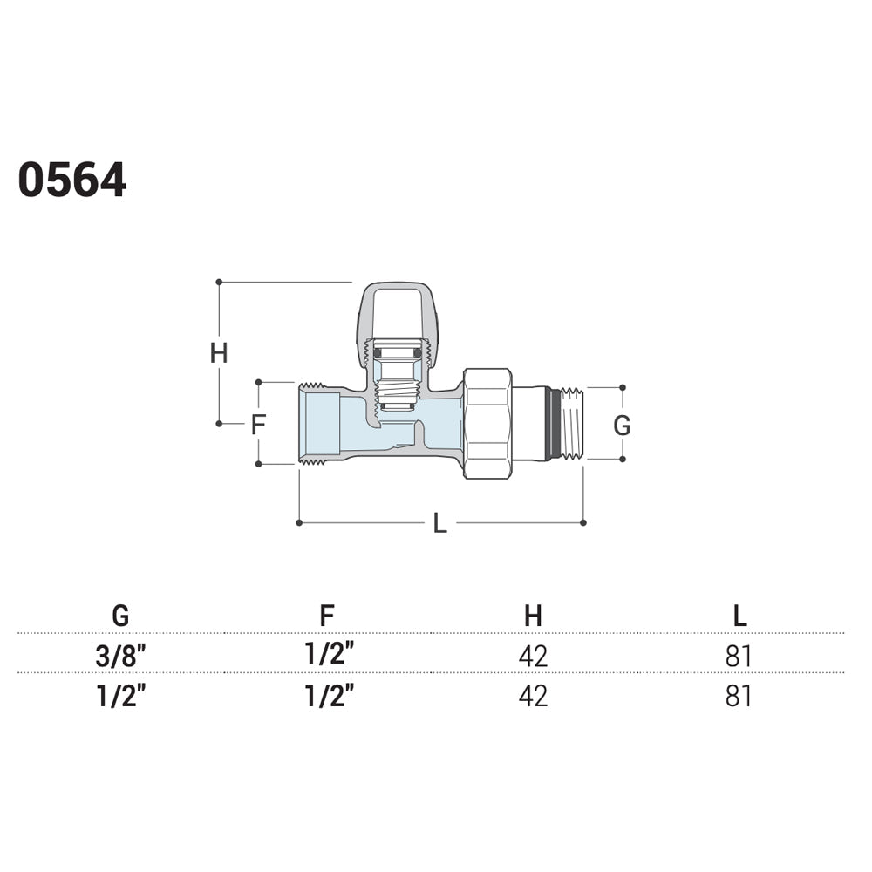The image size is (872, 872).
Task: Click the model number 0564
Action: point(72,180)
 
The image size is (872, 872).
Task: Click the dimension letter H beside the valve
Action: point(219,352)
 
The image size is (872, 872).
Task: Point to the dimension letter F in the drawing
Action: point(259,425)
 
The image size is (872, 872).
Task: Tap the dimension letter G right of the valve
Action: point(622,426)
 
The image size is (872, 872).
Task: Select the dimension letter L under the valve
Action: point(439,524)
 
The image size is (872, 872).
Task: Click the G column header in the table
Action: point(120,615)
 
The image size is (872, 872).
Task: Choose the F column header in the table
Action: point(327,615)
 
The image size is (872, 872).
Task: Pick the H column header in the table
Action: point(534,615)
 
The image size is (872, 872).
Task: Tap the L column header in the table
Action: point(739,615)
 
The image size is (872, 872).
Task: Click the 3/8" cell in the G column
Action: point(120,657)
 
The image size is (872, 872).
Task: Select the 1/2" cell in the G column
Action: point(120,696)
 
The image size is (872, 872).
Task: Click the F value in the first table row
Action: point(330,653)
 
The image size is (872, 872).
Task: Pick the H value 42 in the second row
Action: point(534,696)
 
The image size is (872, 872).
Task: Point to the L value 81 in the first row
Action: point(739,657)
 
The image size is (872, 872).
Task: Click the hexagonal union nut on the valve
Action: point(487,424)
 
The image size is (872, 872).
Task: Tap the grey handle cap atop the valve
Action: point(397,312)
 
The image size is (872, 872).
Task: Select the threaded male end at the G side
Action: point(572,424)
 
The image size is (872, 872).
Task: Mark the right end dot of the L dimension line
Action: point(582,522)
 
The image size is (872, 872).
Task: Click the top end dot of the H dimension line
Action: point(219,282)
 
